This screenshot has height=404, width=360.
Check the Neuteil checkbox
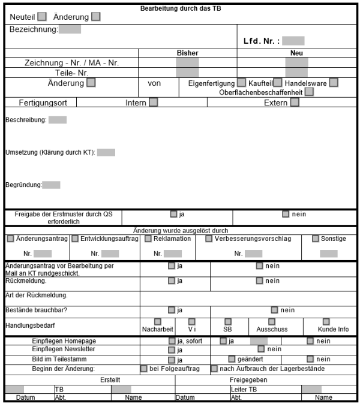(42, 17)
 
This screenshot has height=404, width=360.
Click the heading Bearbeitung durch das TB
(180, 8)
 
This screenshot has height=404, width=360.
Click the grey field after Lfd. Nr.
(293, 41)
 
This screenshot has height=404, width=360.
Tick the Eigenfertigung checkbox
(241, 83)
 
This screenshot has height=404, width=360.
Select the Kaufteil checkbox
(278, 83)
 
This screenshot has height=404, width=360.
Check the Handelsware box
(334, 83)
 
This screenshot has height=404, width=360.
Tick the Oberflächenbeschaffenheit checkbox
(309, 92)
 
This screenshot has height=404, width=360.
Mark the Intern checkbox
(154, 102)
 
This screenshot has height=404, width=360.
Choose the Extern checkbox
(295, 102)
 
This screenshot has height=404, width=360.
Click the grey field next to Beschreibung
(58, 120)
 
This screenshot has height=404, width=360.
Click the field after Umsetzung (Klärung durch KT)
(106, 152)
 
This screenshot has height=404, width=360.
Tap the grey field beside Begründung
(52, 185)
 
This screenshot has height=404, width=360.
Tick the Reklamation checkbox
(148, 239)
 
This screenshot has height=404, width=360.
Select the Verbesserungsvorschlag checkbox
(209, 239)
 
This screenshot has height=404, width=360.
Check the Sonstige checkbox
(316, 239)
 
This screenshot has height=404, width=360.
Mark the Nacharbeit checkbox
(157, 322)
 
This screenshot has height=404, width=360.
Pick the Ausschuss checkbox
(272, 322)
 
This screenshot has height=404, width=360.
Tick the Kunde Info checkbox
(326, 322)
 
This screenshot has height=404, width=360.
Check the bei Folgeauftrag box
(144, 369)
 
